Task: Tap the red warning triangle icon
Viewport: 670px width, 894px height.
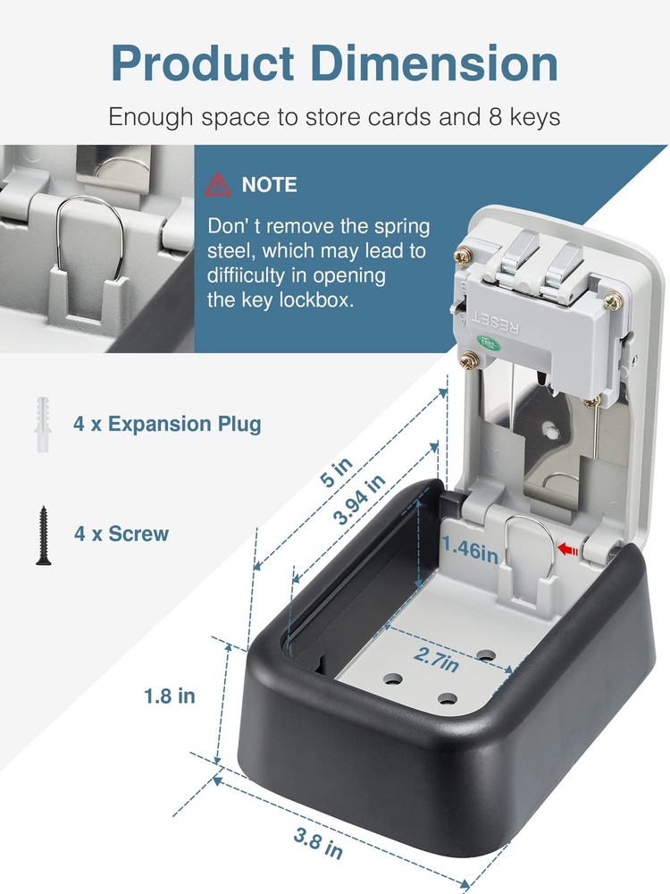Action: point(217,185)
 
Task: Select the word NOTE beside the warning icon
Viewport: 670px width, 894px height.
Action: point(270,185)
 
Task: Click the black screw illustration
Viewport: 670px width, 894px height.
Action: point(41,535)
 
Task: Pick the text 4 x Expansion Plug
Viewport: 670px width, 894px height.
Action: point(167,424)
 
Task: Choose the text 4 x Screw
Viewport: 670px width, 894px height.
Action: point(121,535)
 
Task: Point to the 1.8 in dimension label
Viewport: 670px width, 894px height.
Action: point(170,695)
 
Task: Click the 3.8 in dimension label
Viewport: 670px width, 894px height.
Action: point(319,843)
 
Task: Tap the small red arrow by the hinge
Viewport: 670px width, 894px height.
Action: point(566,552)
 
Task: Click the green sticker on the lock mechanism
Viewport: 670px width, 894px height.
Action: point(489,341)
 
